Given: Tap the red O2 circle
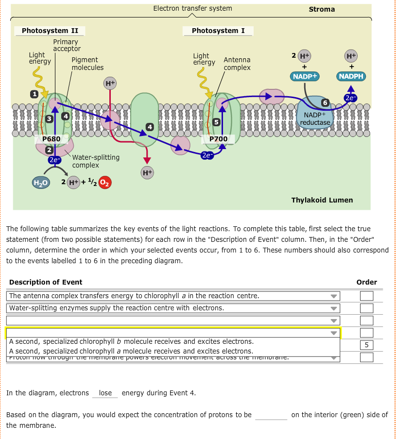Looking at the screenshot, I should coord(105,183).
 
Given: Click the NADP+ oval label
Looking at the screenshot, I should coord(305,76).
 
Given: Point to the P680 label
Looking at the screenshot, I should coord(51,139).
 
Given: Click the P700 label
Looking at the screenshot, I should coord(219,139).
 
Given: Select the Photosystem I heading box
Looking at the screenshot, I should coord(218,31).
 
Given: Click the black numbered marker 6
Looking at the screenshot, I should coord(325,102).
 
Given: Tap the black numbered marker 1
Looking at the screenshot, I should coord(34,93).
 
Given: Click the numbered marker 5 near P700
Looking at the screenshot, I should coord(217,121).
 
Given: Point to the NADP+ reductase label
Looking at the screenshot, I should coord(315,119).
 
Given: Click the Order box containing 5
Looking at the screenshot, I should coord(367,345).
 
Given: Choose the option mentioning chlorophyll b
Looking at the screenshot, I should coord(131,341).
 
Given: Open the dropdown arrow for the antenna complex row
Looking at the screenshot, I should coord(333,296).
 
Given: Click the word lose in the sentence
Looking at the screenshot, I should coord(105,393).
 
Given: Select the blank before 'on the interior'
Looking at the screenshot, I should coord(271,415).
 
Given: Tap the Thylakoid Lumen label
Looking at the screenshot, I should coord(322,200).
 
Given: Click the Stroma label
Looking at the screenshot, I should coord(322,9).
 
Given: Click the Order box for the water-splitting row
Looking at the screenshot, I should coord(367,308).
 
